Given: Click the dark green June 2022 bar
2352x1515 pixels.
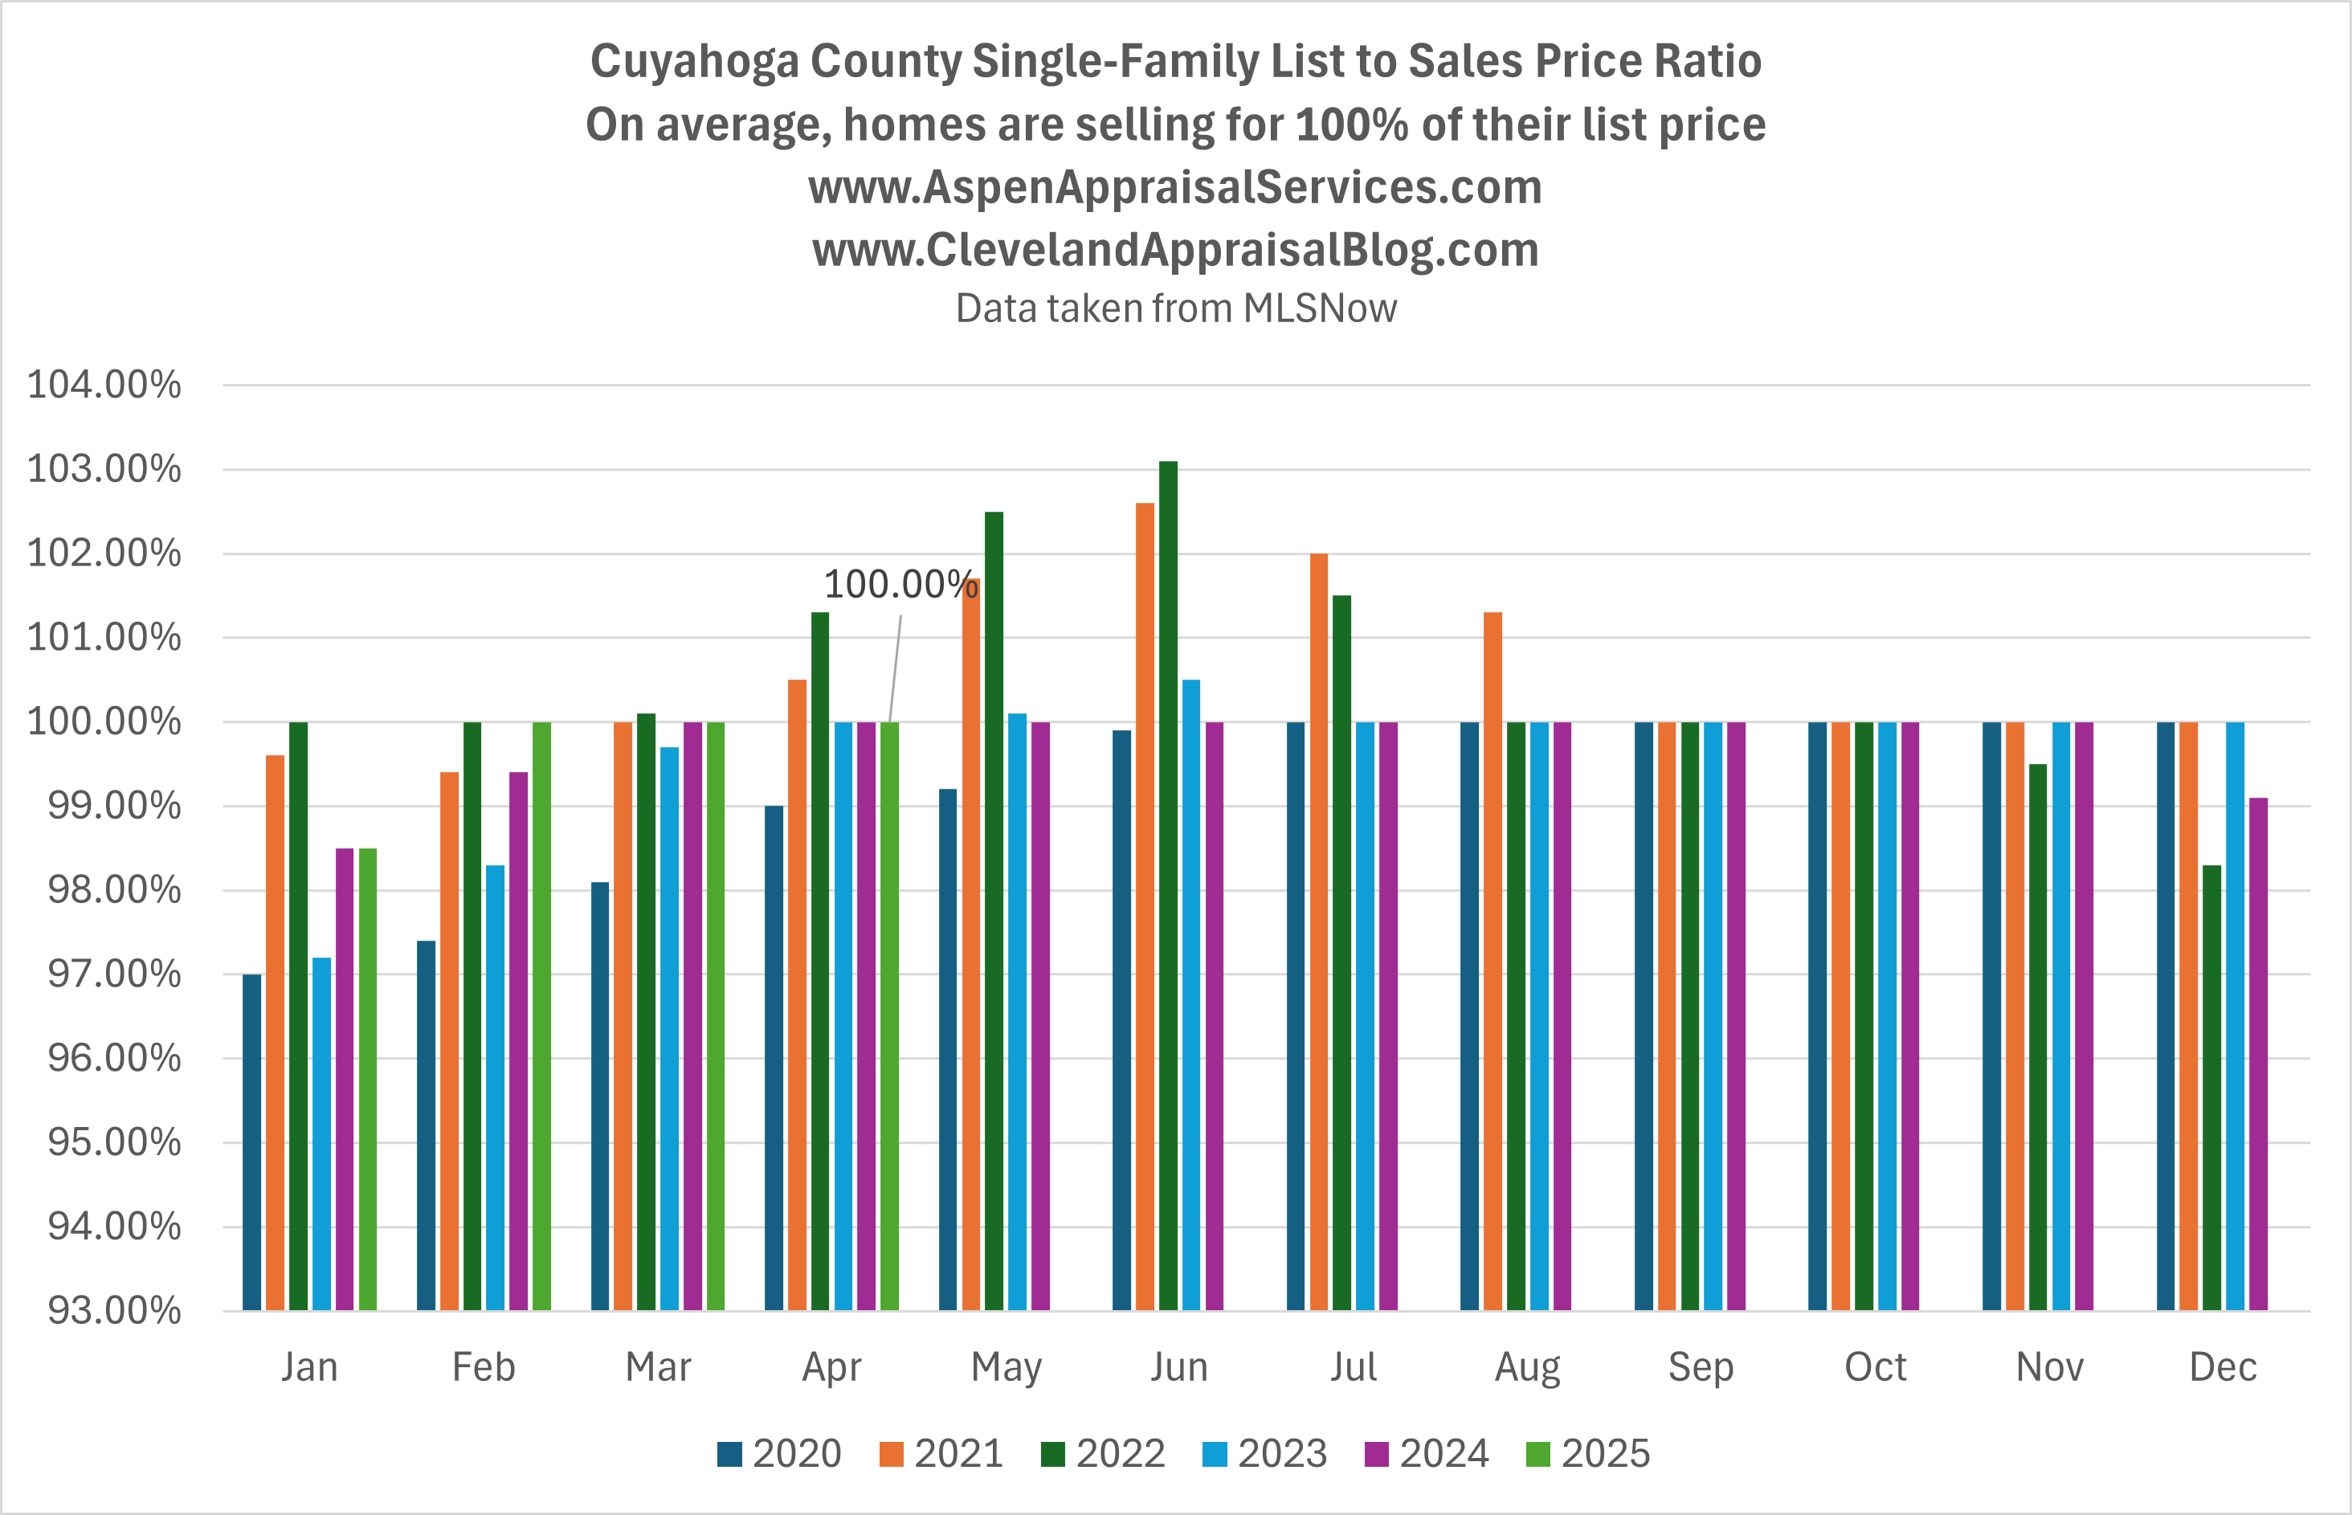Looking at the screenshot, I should (x=1168, y=885).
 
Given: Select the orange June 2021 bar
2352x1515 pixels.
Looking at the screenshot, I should (x=1145, y=905).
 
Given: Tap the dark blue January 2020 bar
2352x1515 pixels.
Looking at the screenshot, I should (x=251, y=1141).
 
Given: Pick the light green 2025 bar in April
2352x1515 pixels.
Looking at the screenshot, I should (x=889, y=1013).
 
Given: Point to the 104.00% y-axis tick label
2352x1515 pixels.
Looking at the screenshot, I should (x=104, y=385).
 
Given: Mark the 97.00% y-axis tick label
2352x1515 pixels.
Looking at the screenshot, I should (x=114, y=974).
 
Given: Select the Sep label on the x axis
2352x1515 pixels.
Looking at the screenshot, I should (x=1700, y=1366).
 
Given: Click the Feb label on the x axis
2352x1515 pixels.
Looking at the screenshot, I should (x=483, y=1366).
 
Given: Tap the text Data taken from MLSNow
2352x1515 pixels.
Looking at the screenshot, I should (x=1175, y=308).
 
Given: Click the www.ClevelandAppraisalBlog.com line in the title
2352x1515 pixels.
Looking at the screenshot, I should (x=1175, y=249).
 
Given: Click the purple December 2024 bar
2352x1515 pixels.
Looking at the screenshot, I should (x=2257, y=1052).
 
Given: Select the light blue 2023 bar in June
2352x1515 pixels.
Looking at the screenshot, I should (x=1191, y=994).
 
